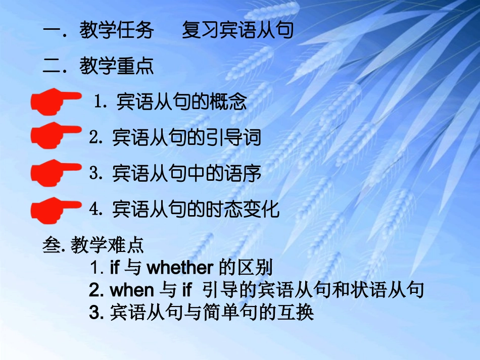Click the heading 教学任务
click(x=117, y=31)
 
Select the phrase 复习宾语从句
click(x=237, y=31)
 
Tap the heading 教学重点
click(x=117, y=66)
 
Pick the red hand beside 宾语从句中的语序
click(x=55, y=173)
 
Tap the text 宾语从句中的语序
click(x=186, y=173)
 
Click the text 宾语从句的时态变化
click(x=196, y=209)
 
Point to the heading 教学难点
click(x=108, y=245)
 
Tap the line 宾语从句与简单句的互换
click(x=212, y=313)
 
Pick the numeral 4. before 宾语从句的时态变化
click(x=95, y=209)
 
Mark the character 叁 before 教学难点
click(x=51, y=245)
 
